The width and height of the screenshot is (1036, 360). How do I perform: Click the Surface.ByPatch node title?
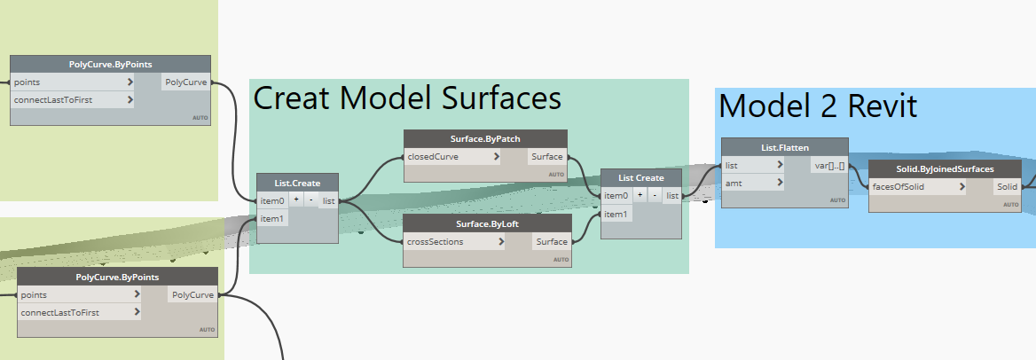pos(485,139)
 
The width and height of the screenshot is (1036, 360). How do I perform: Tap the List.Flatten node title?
pos(784,147)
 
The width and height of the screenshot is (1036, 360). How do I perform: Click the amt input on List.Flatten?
pos(753,183)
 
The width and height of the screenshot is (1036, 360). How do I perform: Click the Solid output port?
pos(1006,187)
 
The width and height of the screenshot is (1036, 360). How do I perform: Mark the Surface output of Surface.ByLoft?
pos(551,241)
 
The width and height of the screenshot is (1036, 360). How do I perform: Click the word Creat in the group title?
pos(293,98)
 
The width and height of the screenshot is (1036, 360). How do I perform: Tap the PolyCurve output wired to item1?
pos(192,295)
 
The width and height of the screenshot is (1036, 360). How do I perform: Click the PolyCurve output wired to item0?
pos(186,82)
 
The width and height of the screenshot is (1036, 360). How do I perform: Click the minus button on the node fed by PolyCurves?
pos(310,200)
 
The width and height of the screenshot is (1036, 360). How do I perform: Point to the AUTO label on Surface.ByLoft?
pos(561,260)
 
